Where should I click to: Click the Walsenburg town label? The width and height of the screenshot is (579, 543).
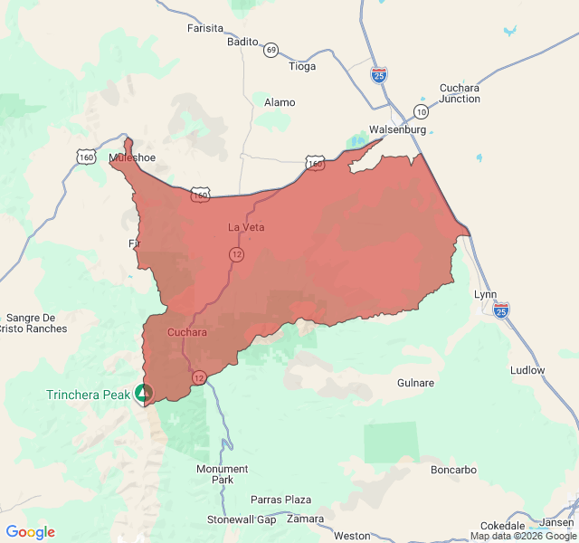coord(397,129)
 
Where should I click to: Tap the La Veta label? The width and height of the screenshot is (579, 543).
coord(246,227)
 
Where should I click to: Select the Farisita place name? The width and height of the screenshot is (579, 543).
coord(204,28)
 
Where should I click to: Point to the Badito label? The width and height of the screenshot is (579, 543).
coord(242,42)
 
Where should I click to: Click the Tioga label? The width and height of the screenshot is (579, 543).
coord(302,66)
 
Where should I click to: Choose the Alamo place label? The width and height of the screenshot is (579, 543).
coord(280,102)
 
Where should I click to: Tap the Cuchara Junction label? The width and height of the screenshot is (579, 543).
coord(460,93)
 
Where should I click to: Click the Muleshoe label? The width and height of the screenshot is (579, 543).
coord(132,157)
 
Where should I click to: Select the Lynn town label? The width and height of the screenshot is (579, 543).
coord(486,295)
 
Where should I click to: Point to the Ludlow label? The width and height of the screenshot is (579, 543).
coord(527,370)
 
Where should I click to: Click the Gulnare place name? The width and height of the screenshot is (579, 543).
coord(416,383)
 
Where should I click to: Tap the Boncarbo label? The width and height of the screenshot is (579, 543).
coord(453,470)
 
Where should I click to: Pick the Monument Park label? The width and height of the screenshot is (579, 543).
coord(223,474)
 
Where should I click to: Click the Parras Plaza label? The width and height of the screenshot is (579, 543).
coord(281,500)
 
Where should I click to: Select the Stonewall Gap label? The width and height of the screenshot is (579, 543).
coord(242,519)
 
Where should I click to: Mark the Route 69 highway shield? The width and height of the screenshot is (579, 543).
coord(271,50)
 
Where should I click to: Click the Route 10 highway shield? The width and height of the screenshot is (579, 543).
coord(422,111)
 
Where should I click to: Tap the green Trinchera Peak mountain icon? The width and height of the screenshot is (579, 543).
coord(143,393)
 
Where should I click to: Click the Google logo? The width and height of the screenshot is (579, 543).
coord(30,532)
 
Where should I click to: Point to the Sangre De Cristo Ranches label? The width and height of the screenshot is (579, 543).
coord(36,323)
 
